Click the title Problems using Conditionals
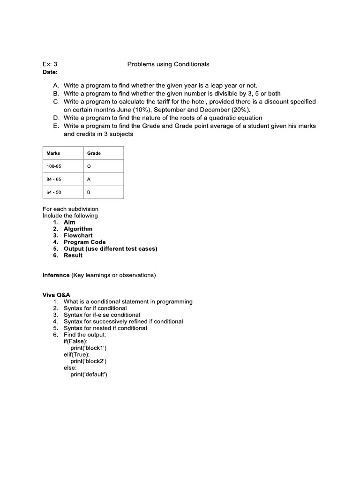point(168,64)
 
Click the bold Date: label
point(50,72)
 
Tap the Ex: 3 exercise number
point(50,64)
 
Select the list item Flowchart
point(78,235)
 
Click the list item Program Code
point(85,242)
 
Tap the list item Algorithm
point(78,229)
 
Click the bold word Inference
point(56,275)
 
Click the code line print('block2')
point(89,361)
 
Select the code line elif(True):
point(77,355)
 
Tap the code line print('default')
point(89,375)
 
